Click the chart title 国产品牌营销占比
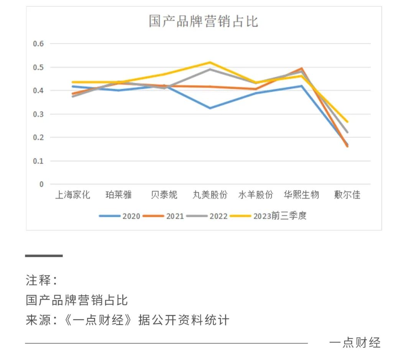pyautogui.click(x=203, y=21)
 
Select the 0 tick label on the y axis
pyautogui.click(x=41, y=185)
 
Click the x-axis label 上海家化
pyautogui.click(x=72, y=195)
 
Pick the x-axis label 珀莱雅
pyautogui.click(x=118, y=195)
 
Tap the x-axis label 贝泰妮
pyautogui.click(x=164, y=195)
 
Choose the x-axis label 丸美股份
pyautogui.click(x=210, y=195)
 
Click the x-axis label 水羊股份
pyautogui.click(x=256, y=195)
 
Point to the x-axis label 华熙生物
pyautogui.click(x=301, y=195)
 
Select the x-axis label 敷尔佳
pyautogui.click(x=347, y=195)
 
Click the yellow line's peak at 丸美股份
pyautogui.click(x=210, y=62)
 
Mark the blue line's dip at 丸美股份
pyautogui.click(x=210, y=108)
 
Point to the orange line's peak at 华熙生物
pyautogui.click(x=302, y=68)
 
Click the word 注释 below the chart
pyautogui.click(x=38, y=281)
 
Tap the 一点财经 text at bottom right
pyautogui.click(x=355, y=342)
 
